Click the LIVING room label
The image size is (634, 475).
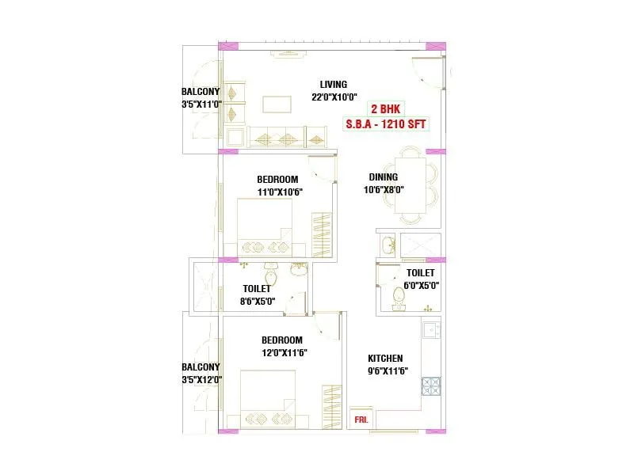pos(334,85)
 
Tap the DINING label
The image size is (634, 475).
pos(384,177)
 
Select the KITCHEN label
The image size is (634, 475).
pos(385,359)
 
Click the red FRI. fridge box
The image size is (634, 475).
pos(360,417)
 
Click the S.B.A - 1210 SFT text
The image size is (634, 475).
pos(386,124)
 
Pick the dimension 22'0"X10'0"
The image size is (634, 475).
pos(334,98)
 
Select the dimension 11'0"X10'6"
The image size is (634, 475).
pos(277,192)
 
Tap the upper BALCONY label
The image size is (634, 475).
pos(201,91)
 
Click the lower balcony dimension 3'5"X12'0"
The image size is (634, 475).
pos(201,379)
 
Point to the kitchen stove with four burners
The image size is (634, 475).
pos(431,386)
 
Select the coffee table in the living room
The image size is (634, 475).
pos(278,104)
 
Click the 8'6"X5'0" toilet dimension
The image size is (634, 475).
pos(257,301)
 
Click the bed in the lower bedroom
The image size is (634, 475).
pos(269,400)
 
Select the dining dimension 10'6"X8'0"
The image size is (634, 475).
pos(384,190)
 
